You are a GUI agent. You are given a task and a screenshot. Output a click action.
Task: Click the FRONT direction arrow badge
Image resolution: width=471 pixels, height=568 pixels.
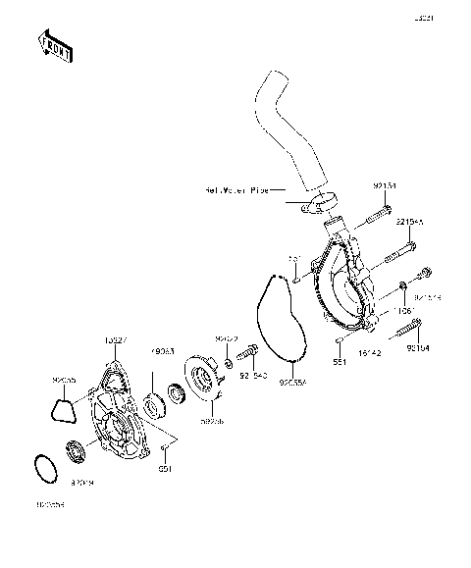point(54,46)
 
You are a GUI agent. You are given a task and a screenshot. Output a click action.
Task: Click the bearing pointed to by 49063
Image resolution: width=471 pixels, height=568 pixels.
point(154,400)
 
